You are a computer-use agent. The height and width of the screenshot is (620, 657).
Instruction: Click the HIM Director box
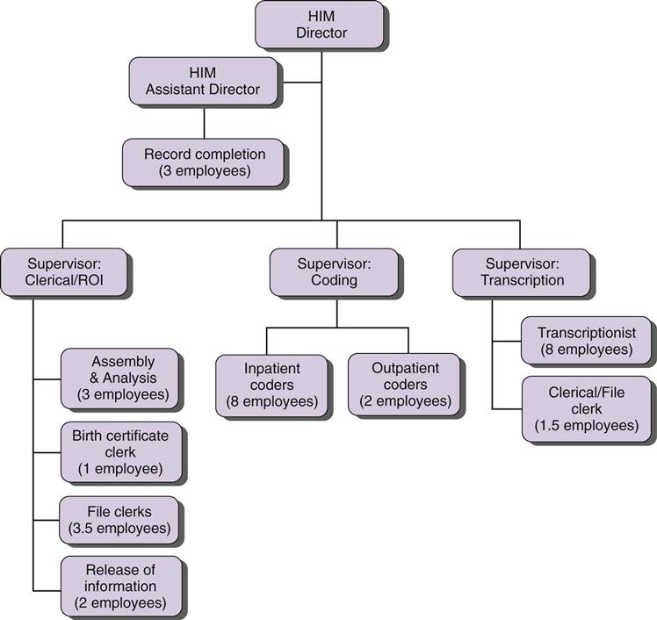click(x=320, y=25)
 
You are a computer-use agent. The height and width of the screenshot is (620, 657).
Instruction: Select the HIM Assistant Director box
click(x=204, y=81)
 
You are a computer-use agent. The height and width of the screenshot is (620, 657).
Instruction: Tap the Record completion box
click(x=204, y=162)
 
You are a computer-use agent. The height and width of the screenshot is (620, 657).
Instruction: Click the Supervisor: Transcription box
click(x=521, y=271)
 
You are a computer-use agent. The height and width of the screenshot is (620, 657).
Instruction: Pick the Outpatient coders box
click(x=404, y=385)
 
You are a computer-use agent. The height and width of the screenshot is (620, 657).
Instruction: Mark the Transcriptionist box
click(x=586, y=341)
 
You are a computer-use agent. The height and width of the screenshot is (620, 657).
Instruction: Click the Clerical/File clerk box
click(x=586, y=409)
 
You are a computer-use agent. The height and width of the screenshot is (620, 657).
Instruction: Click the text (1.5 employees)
click(x=586, y=426)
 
